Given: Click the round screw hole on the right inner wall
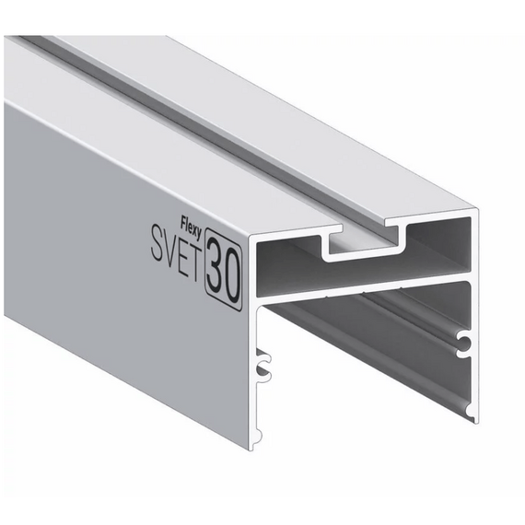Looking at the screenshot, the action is pos(465,342).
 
